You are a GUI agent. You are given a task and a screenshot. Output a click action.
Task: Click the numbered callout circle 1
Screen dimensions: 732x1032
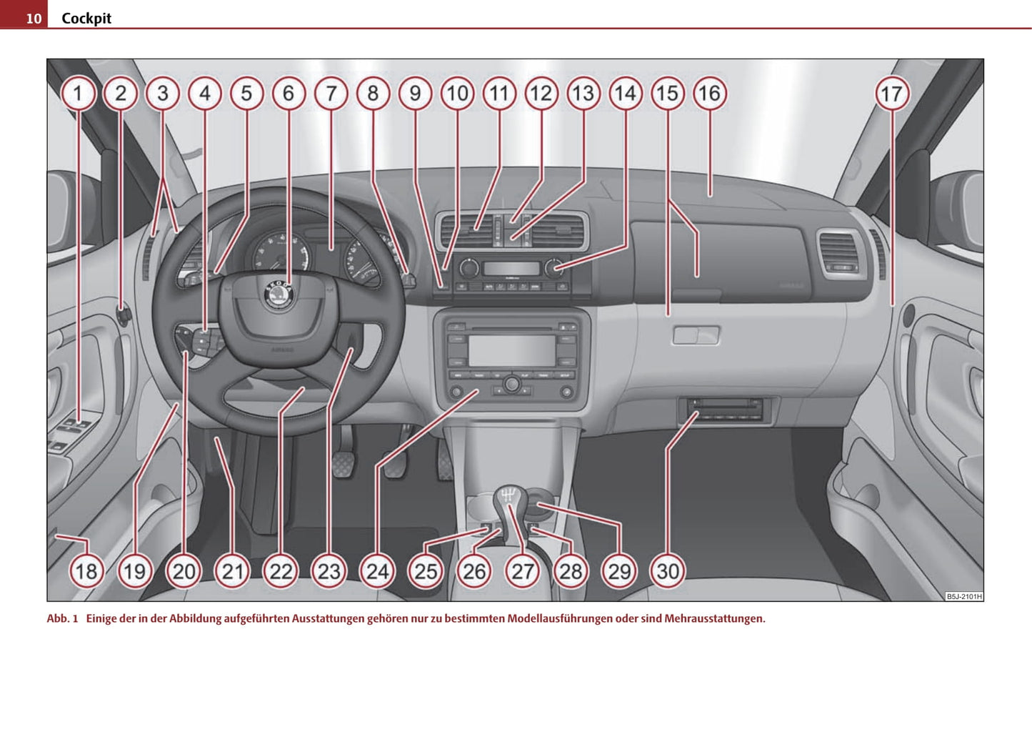click(x=78, y=94)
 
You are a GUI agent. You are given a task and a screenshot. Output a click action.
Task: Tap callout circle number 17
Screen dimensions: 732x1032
click(x=891, y=94)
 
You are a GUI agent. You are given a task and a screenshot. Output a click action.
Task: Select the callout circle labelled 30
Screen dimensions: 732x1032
click(x=668, y=571)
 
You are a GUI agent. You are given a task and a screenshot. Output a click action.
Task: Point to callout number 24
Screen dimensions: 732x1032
click(x=377, y=571)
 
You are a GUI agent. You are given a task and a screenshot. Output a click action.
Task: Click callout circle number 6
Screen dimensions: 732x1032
click(x=289, y=94)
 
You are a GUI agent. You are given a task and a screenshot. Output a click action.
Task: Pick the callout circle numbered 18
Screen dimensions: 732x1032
click(x=86, y=571)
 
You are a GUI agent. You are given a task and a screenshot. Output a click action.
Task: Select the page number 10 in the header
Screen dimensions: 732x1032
click(x=34, y=18)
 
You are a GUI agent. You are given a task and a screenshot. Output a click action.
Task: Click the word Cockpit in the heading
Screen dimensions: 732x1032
click(x=86, y=18)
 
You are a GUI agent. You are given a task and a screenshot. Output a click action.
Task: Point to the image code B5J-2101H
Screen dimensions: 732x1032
click(x=963, y=596)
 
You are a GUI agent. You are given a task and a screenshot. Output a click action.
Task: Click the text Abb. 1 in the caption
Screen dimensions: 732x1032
click(x=62, y=618)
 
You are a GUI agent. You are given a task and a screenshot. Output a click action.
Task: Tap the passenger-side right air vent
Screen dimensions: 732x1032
click(x=840, y=254)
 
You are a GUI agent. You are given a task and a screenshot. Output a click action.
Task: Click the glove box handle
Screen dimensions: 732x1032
click(x=696, y=335)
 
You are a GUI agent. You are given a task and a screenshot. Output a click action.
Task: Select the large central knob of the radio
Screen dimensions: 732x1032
click(x=511, y=385)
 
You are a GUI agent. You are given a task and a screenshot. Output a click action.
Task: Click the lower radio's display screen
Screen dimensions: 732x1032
click(x=511, y=350)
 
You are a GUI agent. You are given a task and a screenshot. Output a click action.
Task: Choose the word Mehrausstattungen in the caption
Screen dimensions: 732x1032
click(x=714, y=618)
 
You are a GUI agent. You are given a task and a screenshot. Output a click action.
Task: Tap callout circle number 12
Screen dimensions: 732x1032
click(x=541, y=94)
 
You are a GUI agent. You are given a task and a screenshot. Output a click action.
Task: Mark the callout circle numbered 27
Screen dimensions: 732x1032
click(x=522, y=571)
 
